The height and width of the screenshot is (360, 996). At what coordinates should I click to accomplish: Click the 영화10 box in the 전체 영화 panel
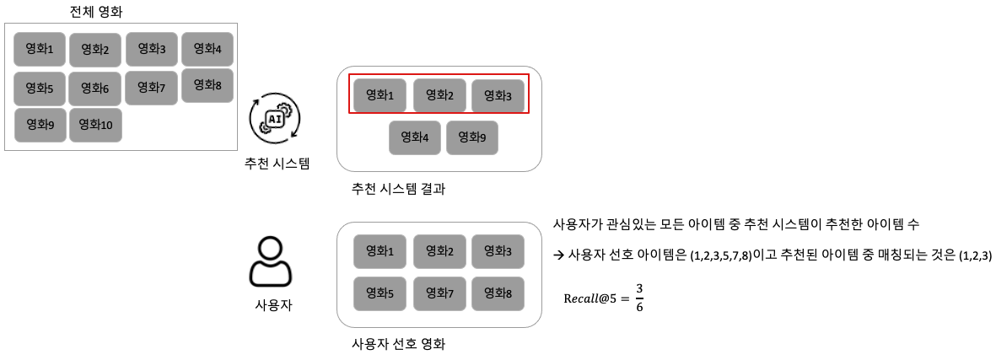[x=95, y=125]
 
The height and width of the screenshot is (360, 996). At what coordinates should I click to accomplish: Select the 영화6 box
[x=95, y=89]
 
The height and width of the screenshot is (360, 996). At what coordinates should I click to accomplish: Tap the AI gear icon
[x=274, y=119]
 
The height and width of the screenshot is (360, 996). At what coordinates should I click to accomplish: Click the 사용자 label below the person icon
[x=273, y=304]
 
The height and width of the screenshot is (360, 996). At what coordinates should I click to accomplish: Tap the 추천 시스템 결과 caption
[x=398, y=189]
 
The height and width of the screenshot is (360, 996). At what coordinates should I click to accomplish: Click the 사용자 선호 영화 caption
[x=398, y=344]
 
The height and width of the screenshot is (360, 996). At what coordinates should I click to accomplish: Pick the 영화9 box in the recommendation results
[x=472, y=137]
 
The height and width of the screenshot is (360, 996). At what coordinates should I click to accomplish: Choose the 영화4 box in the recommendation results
[x=415, y=137]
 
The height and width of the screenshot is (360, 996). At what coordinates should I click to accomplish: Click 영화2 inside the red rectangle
[x=439, y=96]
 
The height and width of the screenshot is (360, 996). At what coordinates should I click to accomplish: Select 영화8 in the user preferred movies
[x=497, y=294]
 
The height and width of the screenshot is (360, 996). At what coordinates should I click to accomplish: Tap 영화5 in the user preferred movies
[x=380, y=294]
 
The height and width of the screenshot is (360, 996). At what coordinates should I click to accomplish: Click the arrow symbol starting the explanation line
[x=558, y=255]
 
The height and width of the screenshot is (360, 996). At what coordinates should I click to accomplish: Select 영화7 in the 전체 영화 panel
[x=151, y=87]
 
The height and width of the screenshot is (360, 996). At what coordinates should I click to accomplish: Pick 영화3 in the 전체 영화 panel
[x=152, y=49]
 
